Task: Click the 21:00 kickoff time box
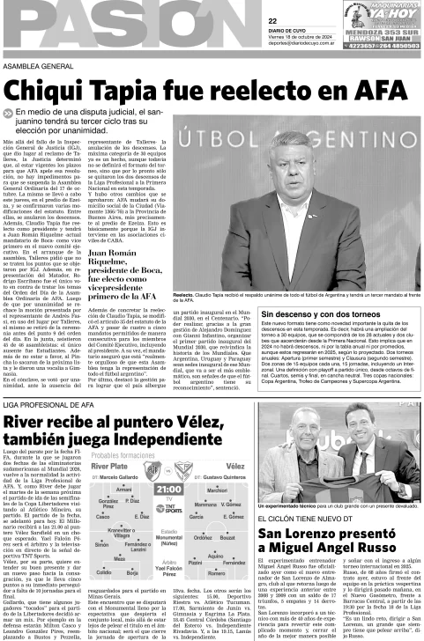(x=169, y=489)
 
